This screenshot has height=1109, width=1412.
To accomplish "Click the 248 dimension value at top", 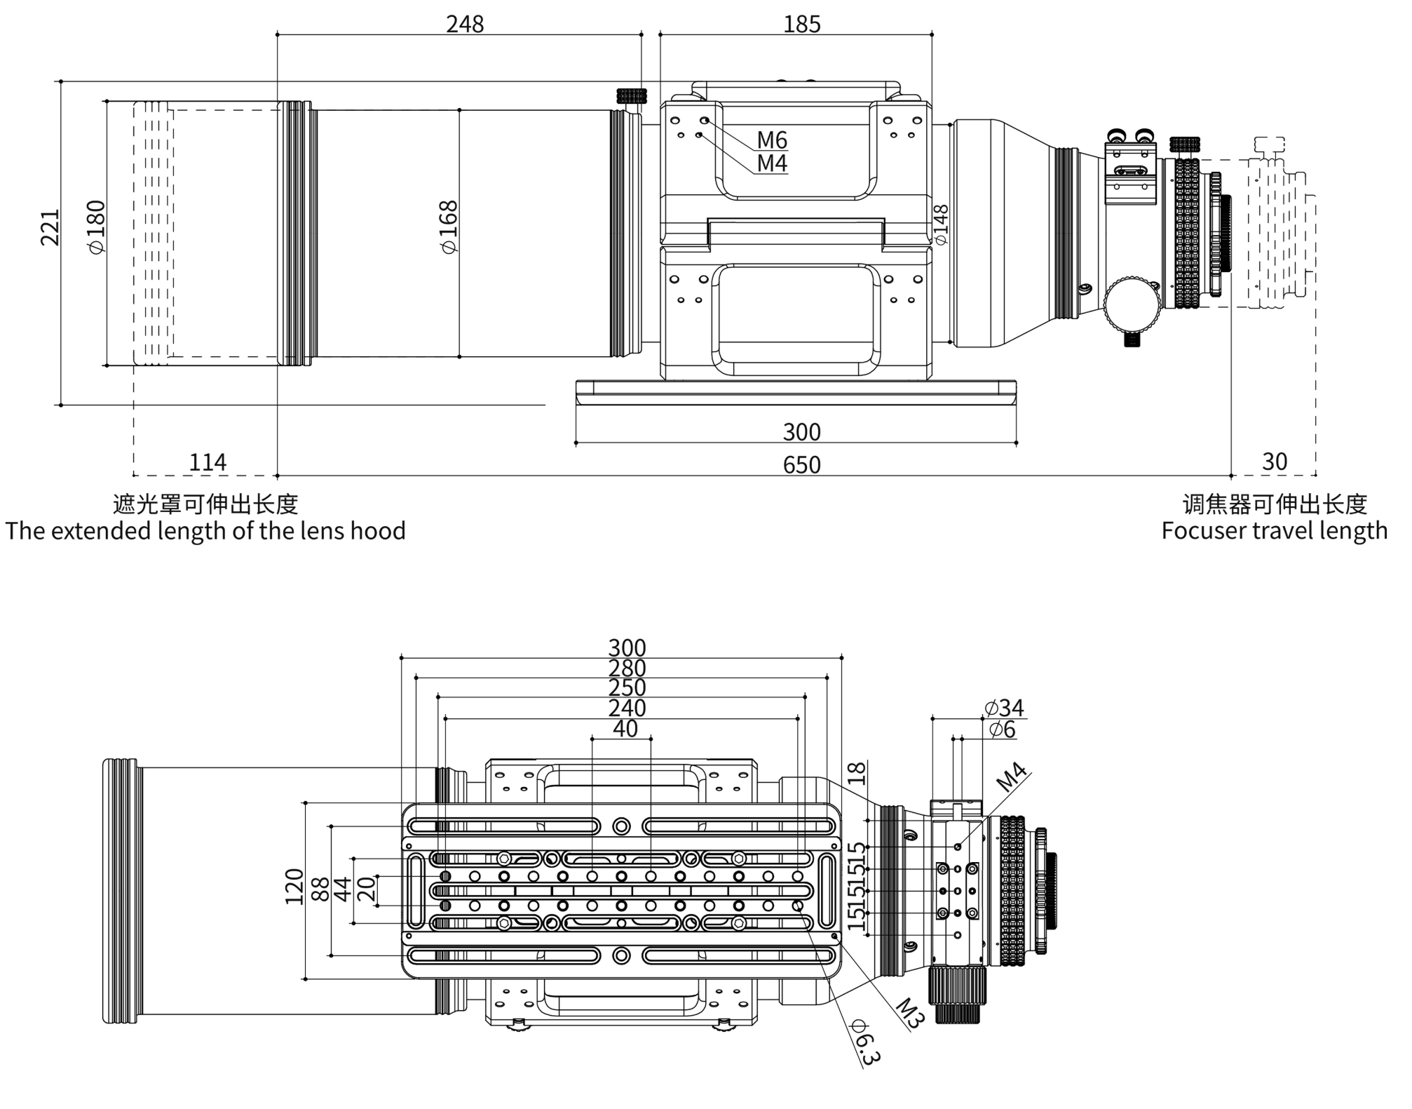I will pyautogui.click(x=465, y=25).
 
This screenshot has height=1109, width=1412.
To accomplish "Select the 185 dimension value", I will pyautogui.click(x=801, y=25).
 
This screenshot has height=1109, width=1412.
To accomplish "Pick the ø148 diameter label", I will pyautogui.click(x=941, y=224).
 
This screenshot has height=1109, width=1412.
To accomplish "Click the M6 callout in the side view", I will pyautogui.click(x=772, y=140).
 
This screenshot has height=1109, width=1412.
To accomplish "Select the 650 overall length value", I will pyautogui.click(x=801, y=464).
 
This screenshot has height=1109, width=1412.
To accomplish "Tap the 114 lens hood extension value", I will pyautogui.click(x=208, y=462).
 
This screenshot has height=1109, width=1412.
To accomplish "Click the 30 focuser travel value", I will pyautogui.click(x=1275, y=462).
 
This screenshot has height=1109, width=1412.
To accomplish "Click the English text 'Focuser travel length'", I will pyautogui.click(x=1274, y=531).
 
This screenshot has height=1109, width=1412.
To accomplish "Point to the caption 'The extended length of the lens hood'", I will pyautogui.click(x=205, y=531).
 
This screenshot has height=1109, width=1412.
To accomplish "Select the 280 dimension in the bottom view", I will pyautogui.click(x=627, y=668).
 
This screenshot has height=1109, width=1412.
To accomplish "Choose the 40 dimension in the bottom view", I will pyautogui.click(x=625, y=729).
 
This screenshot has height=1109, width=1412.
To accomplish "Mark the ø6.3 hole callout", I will pyautogui.click(x=864, y=1043).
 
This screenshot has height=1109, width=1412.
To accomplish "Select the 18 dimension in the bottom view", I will pyautogui.click(x=857, y=773).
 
